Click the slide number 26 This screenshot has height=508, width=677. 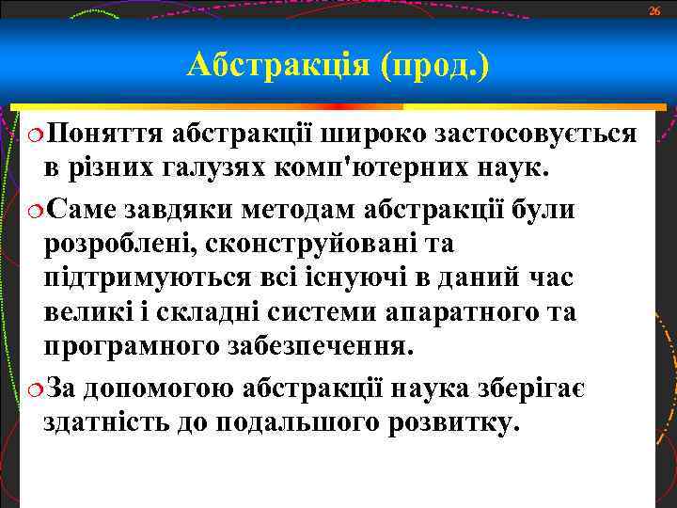[x=654, y=9]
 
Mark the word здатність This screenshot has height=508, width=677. [x=104, y=422]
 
